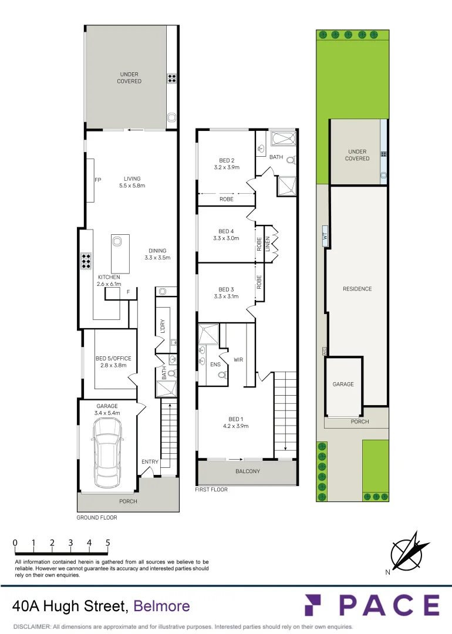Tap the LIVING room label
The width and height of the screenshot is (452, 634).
(132, 182)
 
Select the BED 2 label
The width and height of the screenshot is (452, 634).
(227, 164)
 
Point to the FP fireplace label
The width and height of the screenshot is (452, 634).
(98, 180)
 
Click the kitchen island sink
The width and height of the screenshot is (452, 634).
(116, 240)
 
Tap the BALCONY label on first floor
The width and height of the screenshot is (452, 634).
(247, 471)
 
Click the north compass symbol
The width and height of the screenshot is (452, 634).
(406, 552)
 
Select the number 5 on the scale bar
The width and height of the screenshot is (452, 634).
(108, 543)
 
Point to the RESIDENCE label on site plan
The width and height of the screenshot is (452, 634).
(357, 289)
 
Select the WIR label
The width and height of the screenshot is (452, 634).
(238, 359)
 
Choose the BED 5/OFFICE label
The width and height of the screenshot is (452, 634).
(113, 361)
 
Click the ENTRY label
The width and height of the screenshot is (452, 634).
(150, 462)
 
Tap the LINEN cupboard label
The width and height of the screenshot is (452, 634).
(267, 244)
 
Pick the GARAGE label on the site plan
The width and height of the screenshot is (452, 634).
(343, 384)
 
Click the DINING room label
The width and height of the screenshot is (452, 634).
(157, 254)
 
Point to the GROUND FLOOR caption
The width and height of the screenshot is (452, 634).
(97, 518)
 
